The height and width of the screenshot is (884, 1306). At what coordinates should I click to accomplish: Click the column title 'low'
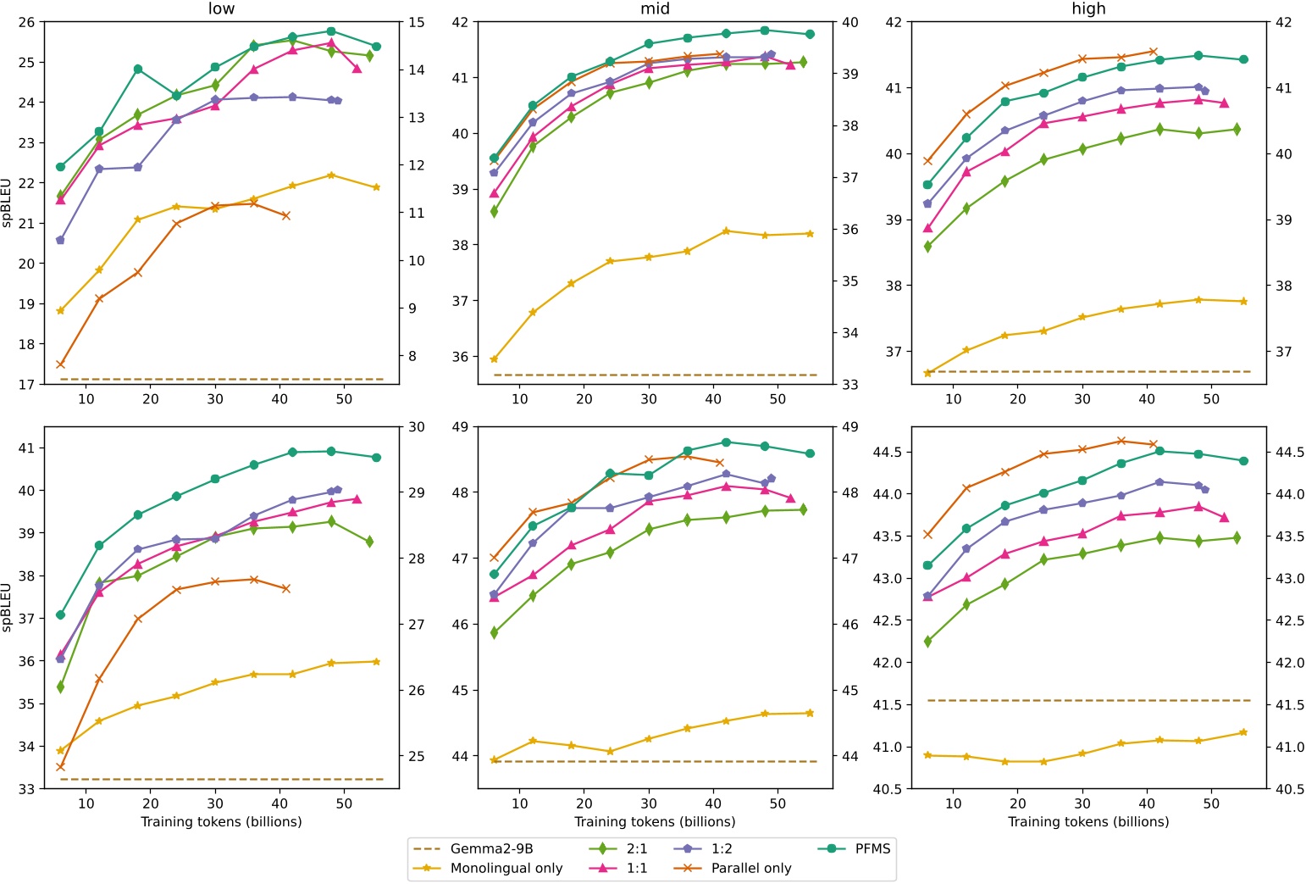click(x=221, y=9)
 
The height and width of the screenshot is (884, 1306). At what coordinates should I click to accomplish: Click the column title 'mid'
click(x=655, y=9)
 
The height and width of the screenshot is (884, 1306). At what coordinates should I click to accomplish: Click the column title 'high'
click(x=1088, y=9)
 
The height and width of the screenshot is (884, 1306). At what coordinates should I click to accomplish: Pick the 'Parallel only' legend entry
click(x=750, y=868)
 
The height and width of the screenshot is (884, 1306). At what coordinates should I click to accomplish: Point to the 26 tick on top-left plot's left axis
click(x=27, y=22)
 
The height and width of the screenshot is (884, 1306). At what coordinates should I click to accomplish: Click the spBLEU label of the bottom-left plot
click(x=8, y=607)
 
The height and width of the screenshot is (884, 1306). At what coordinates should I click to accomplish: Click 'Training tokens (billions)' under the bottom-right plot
click(x=1088, y=822)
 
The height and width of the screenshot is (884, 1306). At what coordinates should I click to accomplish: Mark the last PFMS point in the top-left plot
click(x=377, y=47)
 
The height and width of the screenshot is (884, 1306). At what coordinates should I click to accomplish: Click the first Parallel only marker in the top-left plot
click(x=60, y=364)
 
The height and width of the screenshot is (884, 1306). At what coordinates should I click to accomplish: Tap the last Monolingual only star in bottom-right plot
click(x=1243, y=732)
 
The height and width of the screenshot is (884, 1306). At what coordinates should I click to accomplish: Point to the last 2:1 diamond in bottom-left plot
click(x=369, y=542)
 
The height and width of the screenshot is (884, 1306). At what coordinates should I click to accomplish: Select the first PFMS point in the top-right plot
click(x=927, y=185)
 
